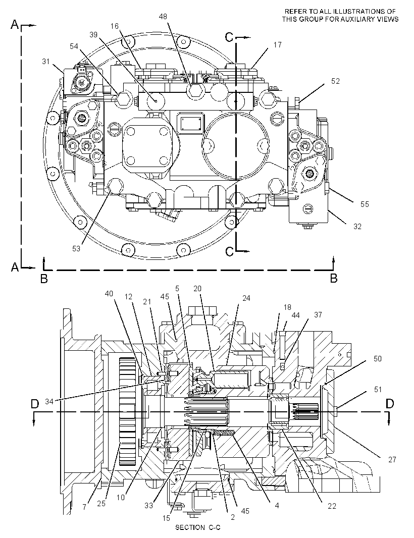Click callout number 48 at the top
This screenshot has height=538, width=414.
(x=163, y=16)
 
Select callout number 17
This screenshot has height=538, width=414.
(x=277, y=44)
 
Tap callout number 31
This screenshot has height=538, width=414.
(x=45, y=62)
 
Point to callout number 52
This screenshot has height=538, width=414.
(x=335, y=81)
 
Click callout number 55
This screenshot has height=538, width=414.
(x=365, y=204)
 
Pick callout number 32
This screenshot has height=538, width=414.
(x=357, y=227)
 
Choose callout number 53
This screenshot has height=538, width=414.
(x=76, y=248)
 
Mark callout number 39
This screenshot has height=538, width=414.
(x=93, y=35)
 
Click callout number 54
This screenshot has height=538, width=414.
(x=74, y=46)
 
